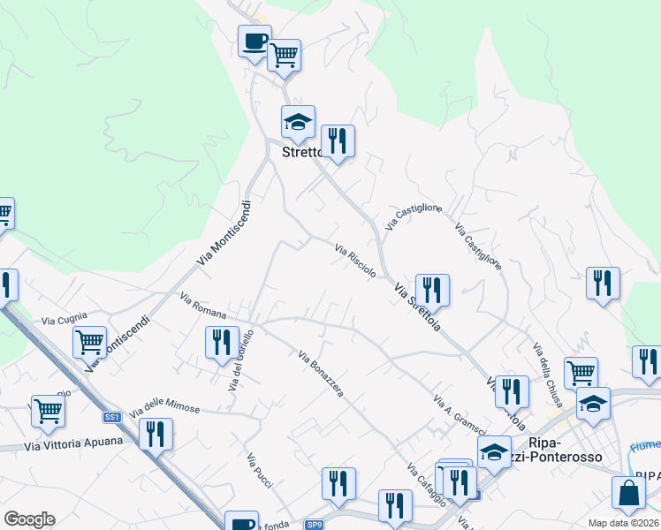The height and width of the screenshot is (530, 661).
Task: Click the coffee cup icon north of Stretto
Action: [x=255, y=42]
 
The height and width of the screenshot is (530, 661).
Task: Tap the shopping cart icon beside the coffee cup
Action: [x=284, y=56]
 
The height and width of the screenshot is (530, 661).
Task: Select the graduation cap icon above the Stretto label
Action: [x=298, y=122]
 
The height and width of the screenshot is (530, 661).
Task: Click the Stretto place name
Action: [x=299, y=152]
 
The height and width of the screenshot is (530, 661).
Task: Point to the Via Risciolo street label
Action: [x=356, y=261]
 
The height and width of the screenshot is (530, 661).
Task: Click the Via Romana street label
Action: [x=203, y=307]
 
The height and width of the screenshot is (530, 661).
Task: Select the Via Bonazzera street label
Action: [x=321, y=374]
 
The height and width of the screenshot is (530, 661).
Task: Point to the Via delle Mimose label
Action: [x=166, y=407]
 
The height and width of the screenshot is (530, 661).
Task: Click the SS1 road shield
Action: [x=111, y=416]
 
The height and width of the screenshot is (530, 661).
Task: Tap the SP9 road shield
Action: [x=315, y=525]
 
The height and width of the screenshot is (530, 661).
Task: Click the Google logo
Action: [x=29, y=519]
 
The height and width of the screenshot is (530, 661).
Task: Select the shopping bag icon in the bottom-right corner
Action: [x=628, y=495]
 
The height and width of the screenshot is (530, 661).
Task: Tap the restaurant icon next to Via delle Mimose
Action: [x=156, y=434]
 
